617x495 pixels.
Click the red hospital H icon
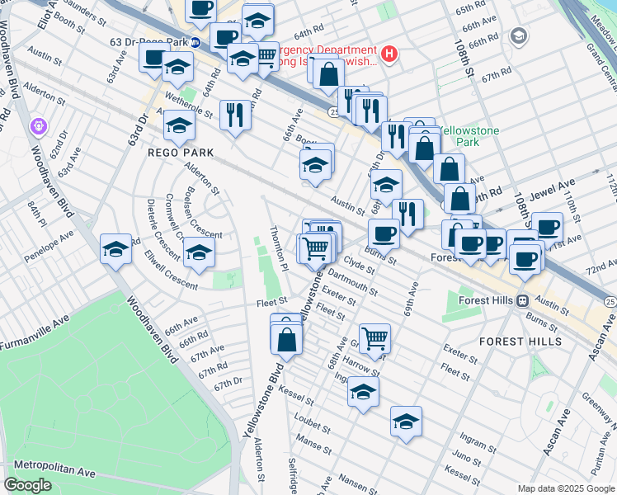tap(389, 55)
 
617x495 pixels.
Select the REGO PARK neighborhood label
tap(181, 153)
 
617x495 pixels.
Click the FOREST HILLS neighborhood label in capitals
tap(520, 341)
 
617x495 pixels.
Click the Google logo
tap(28, 484)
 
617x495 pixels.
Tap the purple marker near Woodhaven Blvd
tap(37, 126)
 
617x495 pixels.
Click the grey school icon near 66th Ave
tap(518, 35)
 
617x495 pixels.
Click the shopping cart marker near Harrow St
tap(374, 336)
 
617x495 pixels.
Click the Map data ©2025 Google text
tap(566, 488)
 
